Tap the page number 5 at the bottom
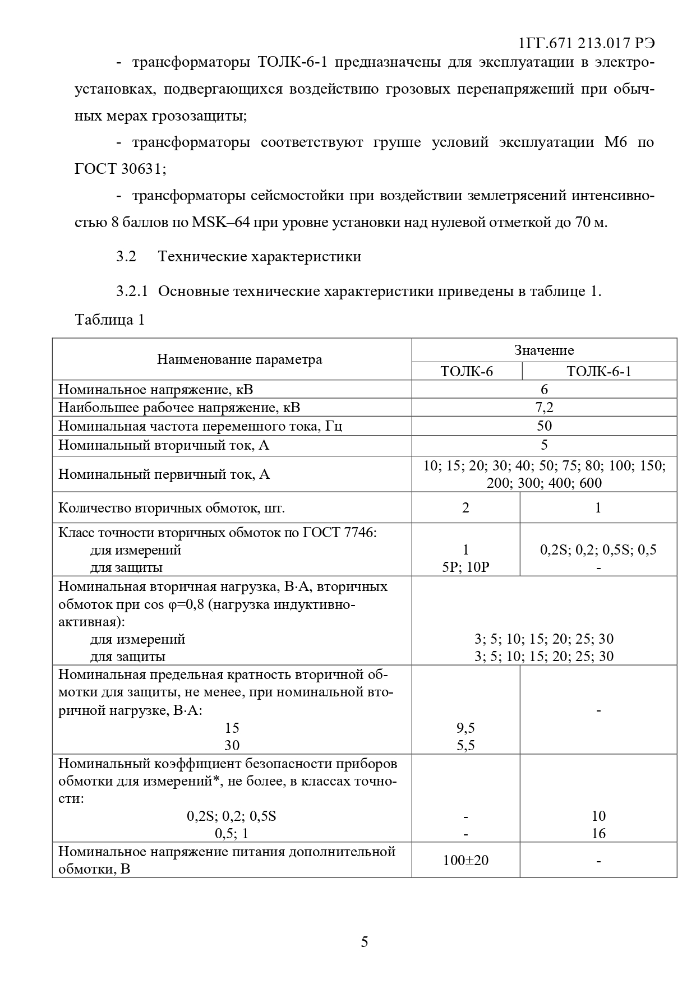365,941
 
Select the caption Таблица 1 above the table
110,320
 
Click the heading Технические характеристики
260,257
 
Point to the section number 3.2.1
132,292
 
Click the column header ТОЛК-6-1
598,371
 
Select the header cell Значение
544,350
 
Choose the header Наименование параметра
239,359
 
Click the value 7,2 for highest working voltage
544,408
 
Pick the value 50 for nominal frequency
544,426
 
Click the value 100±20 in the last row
465,860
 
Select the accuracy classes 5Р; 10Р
465,567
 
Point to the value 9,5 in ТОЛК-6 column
465,728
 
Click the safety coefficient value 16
598,833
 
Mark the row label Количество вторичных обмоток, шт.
172,509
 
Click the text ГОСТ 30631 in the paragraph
119,169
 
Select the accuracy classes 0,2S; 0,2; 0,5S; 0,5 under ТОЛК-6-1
598,549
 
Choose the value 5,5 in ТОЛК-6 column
465,745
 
